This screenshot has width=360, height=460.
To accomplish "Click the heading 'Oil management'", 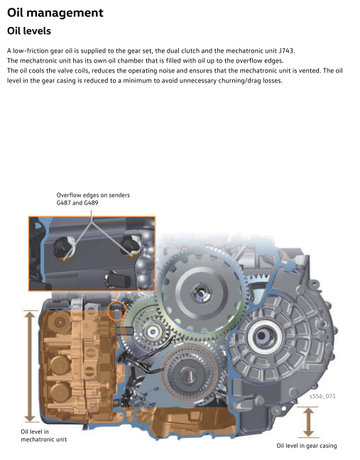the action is tap(55, 13).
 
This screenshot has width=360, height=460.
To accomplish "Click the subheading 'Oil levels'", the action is tap(29, 31).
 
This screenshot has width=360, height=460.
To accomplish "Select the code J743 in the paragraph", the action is tap(285, 50).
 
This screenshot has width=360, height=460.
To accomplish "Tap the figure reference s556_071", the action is tap(322, 396).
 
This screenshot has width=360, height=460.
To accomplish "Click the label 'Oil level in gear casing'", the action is tap(307, 446).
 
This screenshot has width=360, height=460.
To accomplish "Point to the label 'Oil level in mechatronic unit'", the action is tap(44, 435).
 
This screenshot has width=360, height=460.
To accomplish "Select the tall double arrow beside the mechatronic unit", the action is tap(31, 366).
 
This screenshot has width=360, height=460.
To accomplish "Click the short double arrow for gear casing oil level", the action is tap(307, 422).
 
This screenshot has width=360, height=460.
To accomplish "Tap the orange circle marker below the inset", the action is tap(116, 310).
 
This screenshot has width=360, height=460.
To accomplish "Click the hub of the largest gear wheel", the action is tap(202, 292).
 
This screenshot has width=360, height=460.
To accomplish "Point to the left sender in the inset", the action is tap(64, 248).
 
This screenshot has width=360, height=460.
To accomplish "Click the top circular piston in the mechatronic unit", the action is tap(60, 322).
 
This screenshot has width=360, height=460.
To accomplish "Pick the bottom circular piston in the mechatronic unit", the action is tap(60, 393).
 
